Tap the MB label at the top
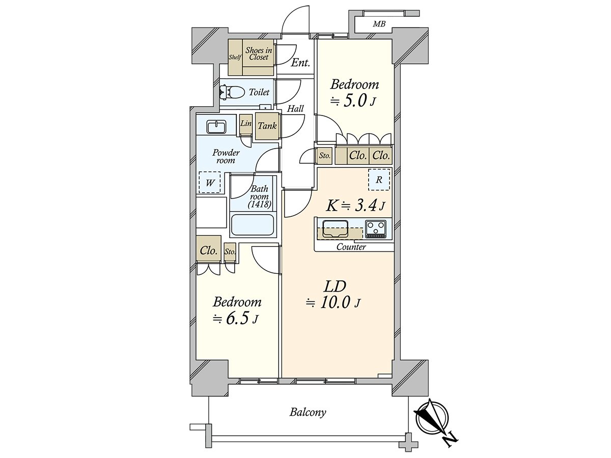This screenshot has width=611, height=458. click(x=378, y=24)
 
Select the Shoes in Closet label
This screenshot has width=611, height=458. click(x=258, y=53)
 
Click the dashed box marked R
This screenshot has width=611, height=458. click(x=379, y=180)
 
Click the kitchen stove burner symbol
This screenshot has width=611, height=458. click(x=376, y=228)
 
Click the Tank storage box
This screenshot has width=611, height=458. click(x=267, y=126)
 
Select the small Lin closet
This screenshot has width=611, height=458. click(x=246, y=124)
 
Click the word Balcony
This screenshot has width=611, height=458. click(x=308, y=412)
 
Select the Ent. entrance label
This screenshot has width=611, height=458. click(x=300, y=63)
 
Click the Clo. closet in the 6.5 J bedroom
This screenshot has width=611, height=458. click(x=209, y=250)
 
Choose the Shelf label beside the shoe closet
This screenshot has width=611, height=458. click(x=235, y=57)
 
